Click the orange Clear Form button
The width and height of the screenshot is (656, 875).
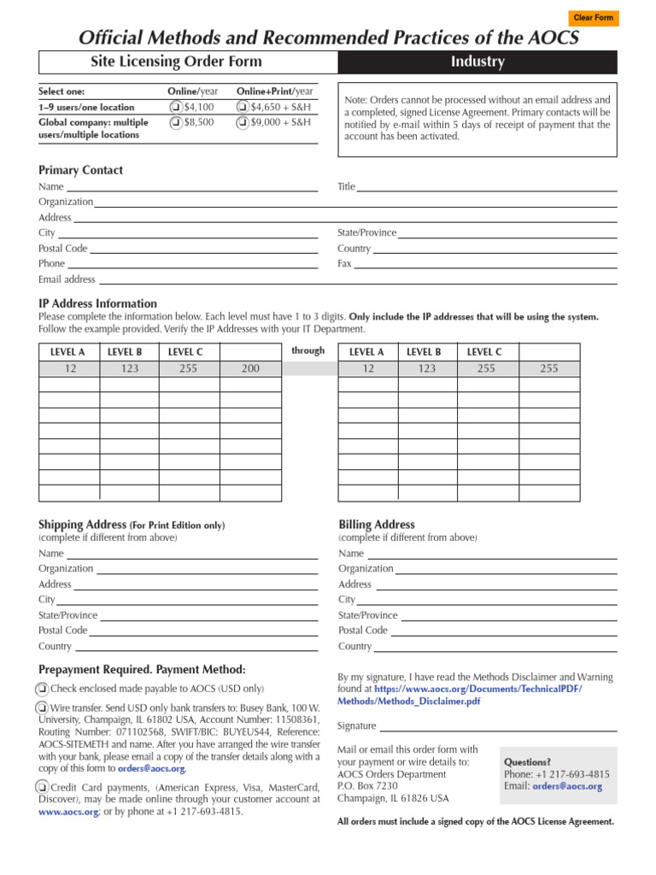pyautogui.click(x=593, y=18)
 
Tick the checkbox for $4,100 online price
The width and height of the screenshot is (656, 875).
pyautogui.click(x=175, y=108)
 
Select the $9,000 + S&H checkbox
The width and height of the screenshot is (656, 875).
pyautogui.click(x=243, y=123)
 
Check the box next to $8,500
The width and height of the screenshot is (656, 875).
pyautogui.click(x=175, y=123)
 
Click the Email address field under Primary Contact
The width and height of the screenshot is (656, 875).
pyautogui.click(x=356, y=279)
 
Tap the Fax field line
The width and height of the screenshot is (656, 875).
pyautogui.click(x=484, y=263)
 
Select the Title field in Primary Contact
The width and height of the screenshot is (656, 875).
pyautogui.click(x=486, y=186)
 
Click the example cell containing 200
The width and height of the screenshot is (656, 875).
pyautogui.click(x=250, y=368)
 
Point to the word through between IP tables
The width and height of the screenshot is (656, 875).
pyautogui.click(x=307, y=350)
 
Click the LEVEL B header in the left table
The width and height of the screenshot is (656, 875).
pyautogui.click(x=125, y=351)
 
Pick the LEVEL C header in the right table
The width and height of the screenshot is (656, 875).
pyautogui.click(x=484, y=351)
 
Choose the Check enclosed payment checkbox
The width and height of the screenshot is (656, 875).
pyautogui.click(x=42, y=689)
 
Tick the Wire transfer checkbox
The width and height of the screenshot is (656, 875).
pyautogui.click(x=42, y=708)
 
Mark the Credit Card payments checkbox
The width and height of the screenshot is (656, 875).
pyautogui.click(x=42, y=787)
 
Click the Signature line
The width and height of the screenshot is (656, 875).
pyautogui.click(x=498, y=725)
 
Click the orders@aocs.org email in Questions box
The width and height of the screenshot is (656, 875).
pyautogui.click(x=567, y=786)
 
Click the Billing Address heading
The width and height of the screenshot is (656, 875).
pyautogui.click(x=377, y=525)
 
